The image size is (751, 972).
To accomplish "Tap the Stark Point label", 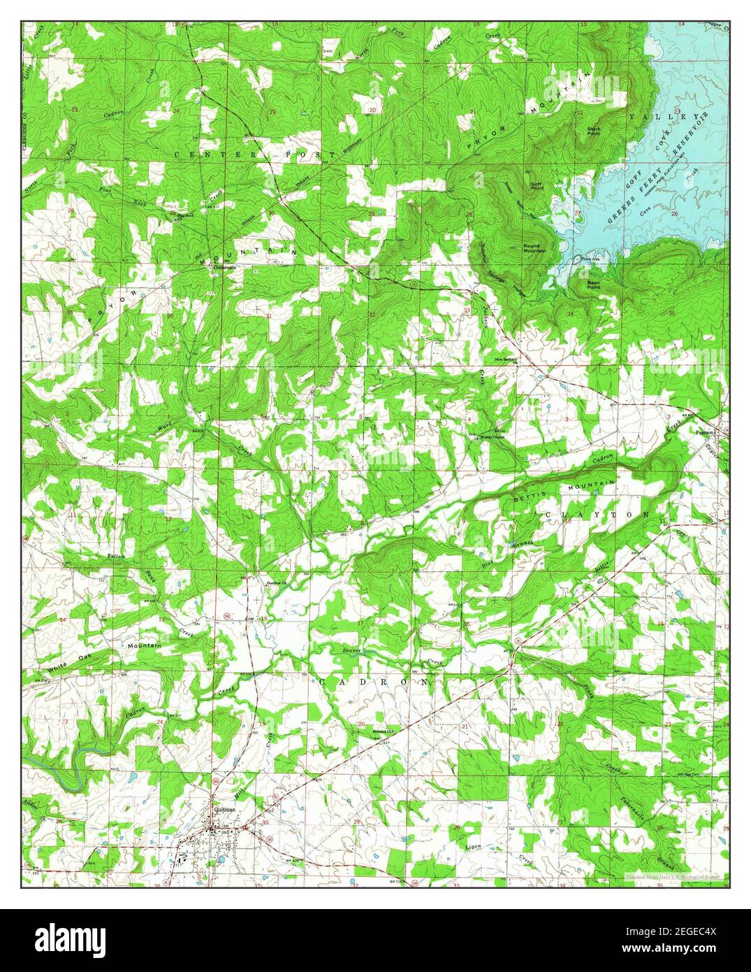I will tap(594, 131).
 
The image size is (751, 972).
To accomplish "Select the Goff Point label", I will tap(537, 186).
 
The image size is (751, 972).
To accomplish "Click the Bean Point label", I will tap(593, 285).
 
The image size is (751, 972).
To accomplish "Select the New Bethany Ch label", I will tap(506, 360).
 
